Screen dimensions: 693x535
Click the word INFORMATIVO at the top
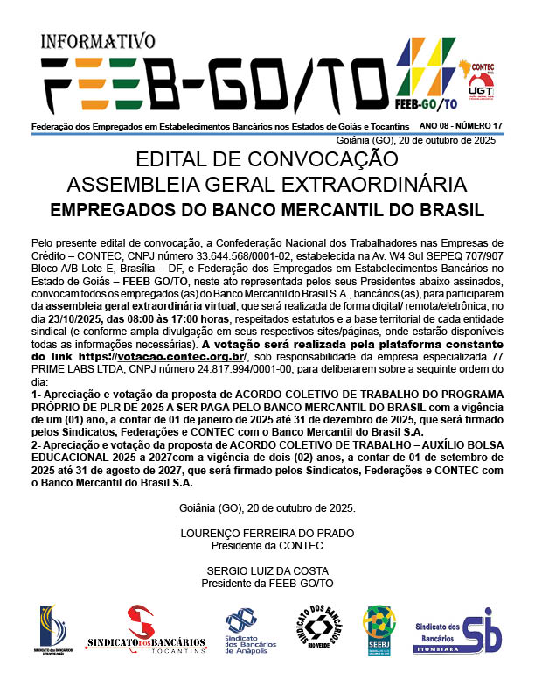[x=98, y=41]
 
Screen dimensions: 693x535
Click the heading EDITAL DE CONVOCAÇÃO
[x=267, y=160]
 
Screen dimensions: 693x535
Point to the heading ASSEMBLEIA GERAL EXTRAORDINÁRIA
[x=267, y=185]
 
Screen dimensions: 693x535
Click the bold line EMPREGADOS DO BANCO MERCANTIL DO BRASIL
[x=267, y=210]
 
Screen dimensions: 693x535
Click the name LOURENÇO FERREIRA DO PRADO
[x=267, y=533]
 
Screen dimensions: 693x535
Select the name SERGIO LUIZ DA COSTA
[x=267, y=570]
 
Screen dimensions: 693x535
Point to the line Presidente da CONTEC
[x=267, y=544]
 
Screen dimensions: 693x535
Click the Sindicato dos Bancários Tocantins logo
[x=146, y=630]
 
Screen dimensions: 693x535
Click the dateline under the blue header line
[x=415, y=140]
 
